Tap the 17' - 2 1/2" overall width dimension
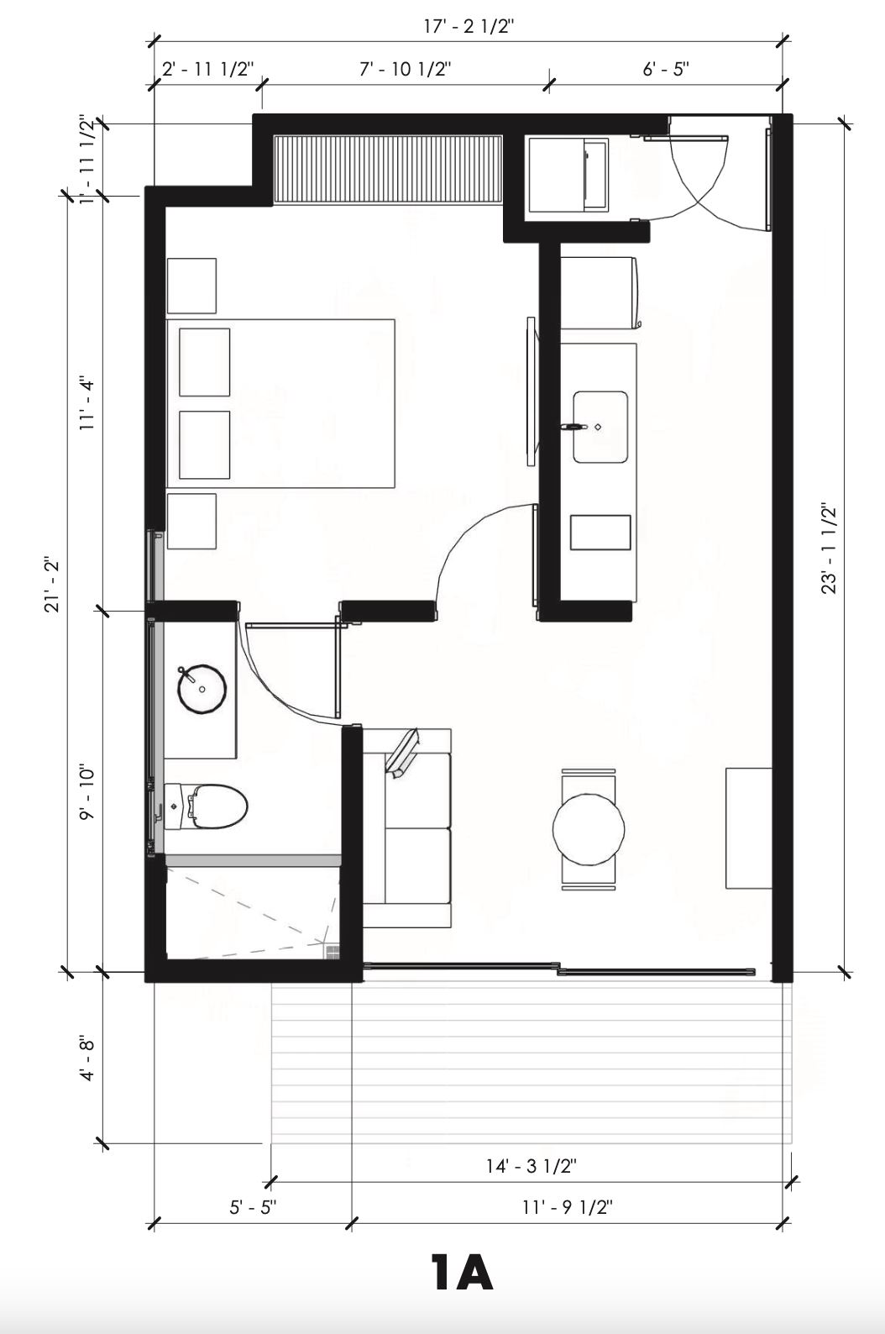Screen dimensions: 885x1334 pos(469,27)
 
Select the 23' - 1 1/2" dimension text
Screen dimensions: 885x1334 pos(830,549)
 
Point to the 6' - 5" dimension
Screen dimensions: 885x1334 pos(665,69)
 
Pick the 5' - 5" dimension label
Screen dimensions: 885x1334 pos(254,1207)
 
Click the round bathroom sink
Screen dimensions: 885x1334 pos(202,689)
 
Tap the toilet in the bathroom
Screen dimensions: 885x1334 pos(206,806)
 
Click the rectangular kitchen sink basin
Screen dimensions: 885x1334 pos(600,427)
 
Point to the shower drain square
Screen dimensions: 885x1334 pos(333,950)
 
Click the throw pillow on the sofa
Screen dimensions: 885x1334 pos(403,752)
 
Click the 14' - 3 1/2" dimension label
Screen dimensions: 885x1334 pos(532,1165)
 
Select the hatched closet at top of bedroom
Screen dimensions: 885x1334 pos(388,171)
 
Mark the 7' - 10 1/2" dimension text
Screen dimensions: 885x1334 pos(405,69)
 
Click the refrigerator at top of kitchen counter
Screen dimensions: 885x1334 pos(600,292)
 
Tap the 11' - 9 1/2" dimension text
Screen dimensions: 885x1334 pos(567,1207)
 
